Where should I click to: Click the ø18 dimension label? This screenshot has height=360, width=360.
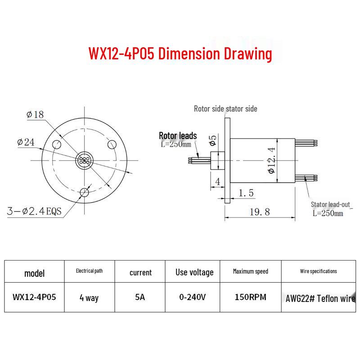tap(35, 114)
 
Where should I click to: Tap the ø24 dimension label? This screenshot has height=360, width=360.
tap(26, 142)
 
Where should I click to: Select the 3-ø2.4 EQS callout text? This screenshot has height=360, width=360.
tap(34, 211)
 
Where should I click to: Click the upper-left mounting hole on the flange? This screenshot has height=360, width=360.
tap(57, 144)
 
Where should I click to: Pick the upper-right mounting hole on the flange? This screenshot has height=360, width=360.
tap(112, 144)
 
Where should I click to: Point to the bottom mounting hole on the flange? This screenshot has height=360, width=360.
tap(85, 193)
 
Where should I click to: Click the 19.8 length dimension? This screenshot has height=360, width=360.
tap(260, 211)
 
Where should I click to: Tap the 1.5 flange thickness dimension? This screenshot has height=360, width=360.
tap(246, 193)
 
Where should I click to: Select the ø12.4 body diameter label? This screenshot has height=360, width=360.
tap(272, 160)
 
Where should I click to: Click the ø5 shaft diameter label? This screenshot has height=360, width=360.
tap(213, 140)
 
